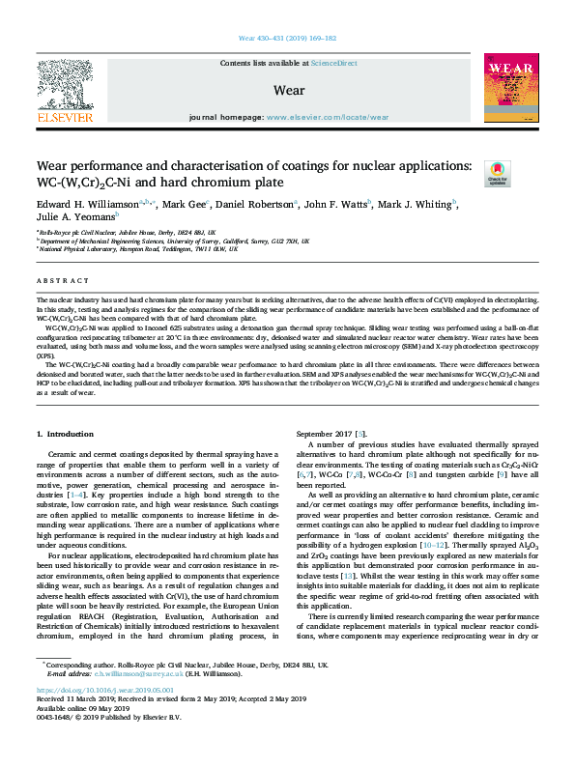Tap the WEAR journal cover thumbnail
tap(510, 91)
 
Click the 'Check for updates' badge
tap(497, 172)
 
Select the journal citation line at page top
tap(287, 39)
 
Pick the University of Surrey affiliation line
tap(173, 241)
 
